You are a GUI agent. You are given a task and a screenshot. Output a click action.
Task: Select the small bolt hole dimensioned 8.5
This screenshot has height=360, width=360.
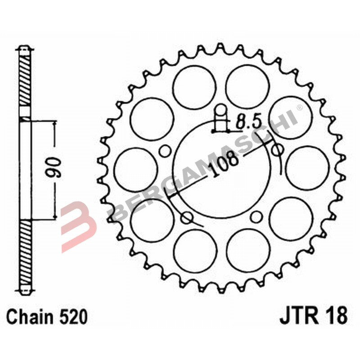click(220, 111)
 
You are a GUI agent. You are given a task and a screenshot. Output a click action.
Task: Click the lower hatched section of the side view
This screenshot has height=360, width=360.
click(25, 256)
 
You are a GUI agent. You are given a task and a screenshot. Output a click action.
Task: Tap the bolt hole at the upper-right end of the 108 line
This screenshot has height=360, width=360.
click(278, 149)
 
